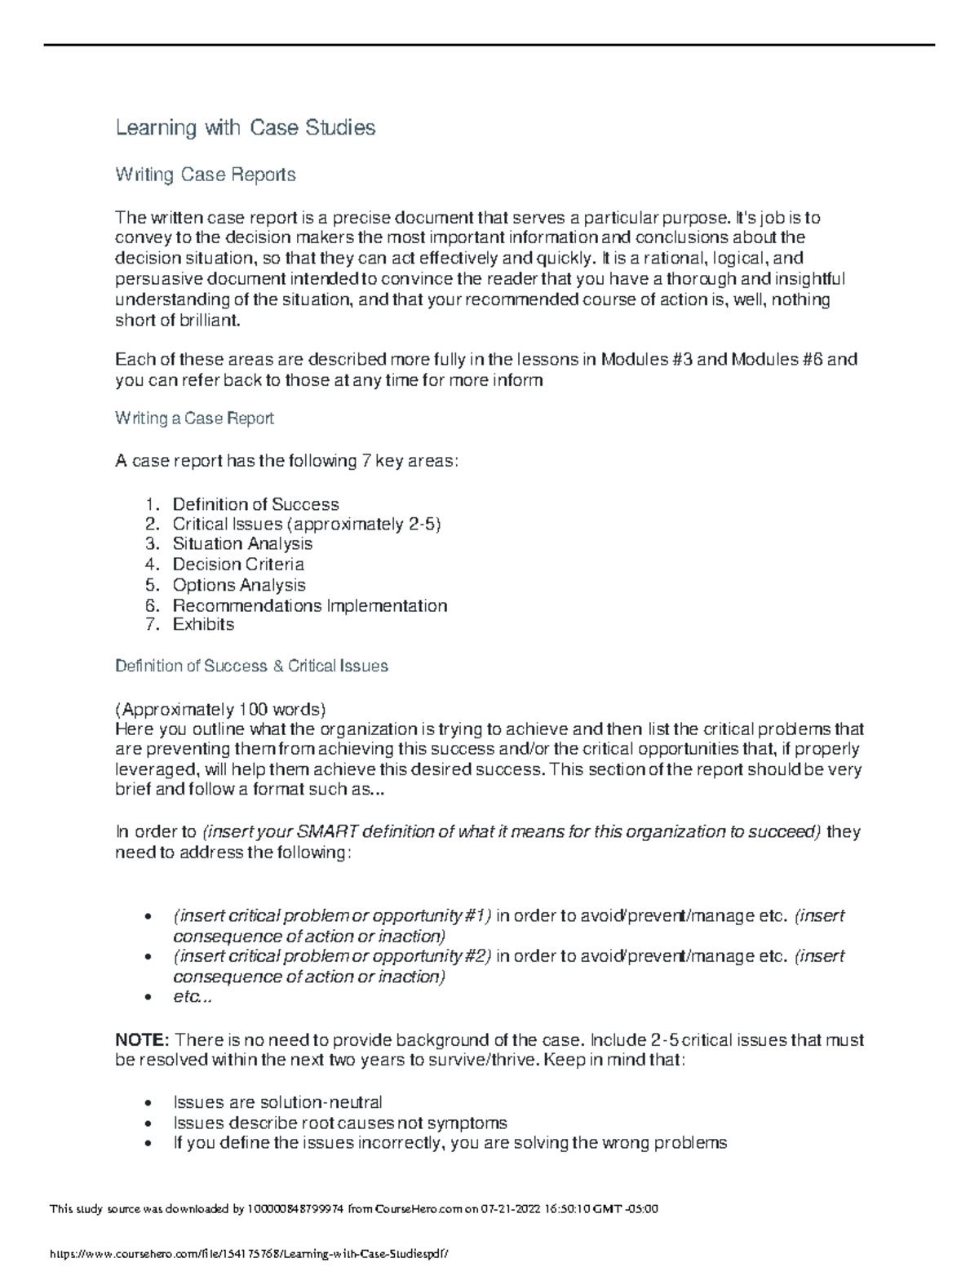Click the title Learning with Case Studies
(x=245, y=127)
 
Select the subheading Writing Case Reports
(x=205, y=175)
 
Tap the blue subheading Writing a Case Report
(x=194, y=419)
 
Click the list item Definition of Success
(x=255, y=504)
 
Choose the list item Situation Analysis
(x=242, y=543)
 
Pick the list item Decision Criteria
(x=238, y=565)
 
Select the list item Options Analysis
(x=239, y=585)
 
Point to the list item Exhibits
(x=203, y=624)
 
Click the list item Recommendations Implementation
(x=310, y=605)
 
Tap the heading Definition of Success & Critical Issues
(x=251, y=666)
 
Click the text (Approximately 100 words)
(x=220, y=708)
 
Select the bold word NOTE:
(x=142, y=1040)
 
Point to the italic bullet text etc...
(x=192, y=997)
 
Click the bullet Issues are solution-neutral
(x=277, y=1102)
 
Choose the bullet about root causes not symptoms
(x=339, y=1123)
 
